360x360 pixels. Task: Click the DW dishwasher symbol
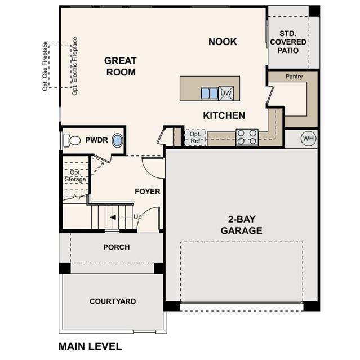tap(226, 93)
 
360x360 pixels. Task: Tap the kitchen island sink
tap(210, 94)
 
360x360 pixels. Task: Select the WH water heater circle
tap(308, 139)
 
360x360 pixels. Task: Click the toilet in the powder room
tap(72, 140)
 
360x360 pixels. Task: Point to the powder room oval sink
tap(117, 140)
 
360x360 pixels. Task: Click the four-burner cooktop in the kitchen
tap(247, 137)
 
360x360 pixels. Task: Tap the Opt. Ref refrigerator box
tap(195, 137)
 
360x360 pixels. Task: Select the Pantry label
tap(294, 77)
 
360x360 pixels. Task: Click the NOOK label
tap(223, 42)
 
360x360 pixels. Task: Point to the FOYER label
tap(147, 192)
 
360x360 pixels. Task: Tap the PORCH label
tap(117, 247)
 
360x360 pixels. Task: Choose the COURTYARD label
tap(113, 301)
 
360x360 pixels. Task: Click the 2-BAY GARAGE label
tap(242, 225)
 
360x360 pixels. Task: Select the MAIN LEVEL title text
tap(90, 346)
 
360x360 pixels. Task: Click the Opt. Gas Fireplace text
tap(45, 66)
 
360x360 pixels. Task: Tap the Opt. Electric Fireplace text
tap(74, 66)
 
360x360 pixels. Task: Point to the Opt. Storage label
tap(75, 176)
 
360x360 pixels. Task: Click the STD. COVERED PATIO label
tap(288, 42)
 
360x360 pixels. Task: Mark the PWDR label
tap(97, 140)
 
